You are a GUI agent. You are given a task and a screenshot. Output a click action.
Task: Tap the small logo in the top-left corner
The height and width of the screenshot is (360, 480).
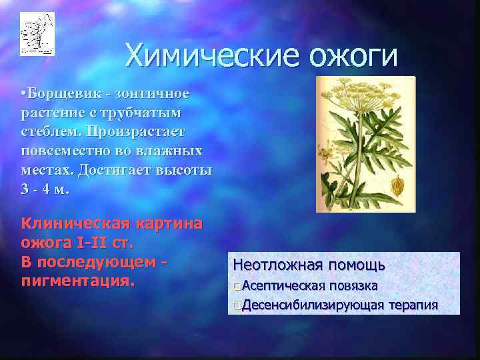pyautogui.click(x=37, y=33)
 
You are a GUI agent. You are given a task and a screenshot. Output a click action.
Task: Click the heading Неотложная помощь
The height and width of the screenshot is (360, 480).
pyautogui.click(x=309, y=265)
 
